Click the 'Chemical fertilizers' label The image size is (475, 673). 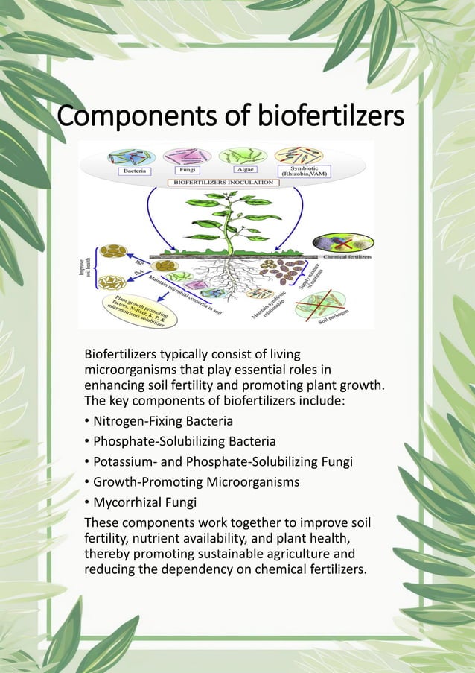[x=346, y=256]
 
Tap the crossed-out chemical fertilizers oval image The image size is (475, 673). [x=343, y=242]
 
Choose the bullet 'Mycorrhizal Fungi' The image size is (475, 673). [x=144, y=502]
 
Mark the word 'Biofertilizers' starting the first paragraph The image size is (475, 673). [x=122, y=353]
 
